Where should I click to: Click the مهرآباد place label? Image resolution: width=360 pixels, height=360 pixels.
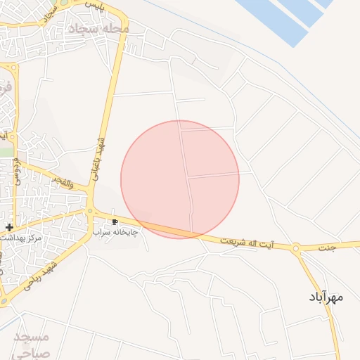coord(326,297)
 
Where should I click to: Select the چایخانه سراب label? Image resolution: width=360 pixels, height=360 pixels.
coord(116,231)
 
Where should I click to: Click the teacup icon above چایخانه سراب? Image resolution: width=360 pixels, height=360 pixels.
coord(115,222)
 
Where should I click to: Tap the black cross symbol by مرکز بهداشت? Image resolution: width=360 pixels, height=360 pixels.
coord(9,227)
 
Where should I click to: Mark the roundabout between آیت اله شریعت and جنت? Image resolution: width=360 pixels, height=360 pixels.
coord(296,247)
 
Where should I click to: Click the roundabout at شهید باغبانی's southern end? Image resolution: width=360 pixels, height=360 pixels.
coord(90,210)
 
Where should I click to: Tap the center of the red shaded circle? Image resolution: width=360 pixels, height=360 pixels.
coord(180,179)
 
